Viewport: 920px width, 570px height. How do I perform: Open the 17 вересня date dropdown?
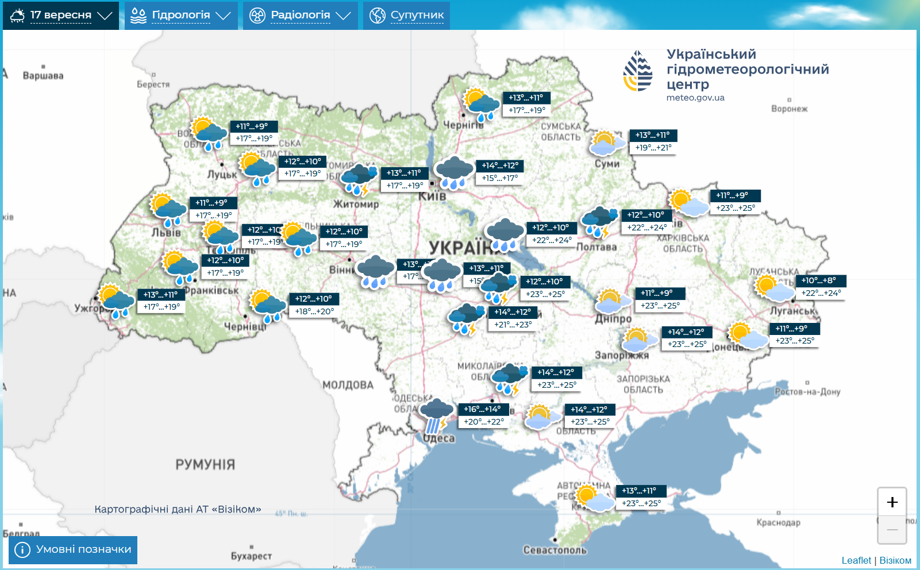coord(61,16)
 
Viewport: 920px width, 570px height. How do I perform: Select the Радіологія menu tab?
coord(300,16)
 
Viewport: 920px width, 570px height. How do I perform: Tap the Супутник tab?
coord(407,16)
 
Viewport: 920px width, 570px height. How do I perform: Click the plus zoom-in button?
coord(892,502)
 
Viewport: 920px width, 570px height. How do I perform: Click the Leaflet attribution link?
coord(856,560)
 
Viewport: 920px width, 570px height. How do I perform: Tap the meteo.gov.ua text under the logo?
coord(695,98)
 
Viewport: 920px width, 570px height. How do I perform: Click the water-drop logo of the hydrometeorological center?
coord(638,71)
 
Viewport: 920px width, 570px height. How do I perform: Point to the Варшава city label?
coord(43,76)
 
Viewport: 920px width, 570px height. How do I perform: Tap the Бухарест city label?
coord(251,556)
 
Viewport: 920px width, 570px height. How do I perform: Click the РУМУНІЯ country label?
coord(205,464)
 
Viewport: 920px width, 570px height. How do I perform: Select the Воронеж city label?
coord(789,109)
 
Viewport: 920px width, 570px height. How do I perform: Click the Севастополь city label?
coord(555,550)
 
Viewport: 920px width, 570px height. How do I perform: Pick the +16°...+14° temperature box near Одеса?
coord(482,409)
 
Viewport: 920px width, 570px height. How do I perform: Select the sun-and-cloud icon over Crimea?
coord(594,498)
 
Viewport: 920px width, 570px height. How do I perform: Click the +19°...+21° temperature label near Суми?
coord(653,148)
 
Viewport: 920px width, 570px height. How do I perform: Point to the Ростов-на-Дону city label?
coord(807,392)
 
